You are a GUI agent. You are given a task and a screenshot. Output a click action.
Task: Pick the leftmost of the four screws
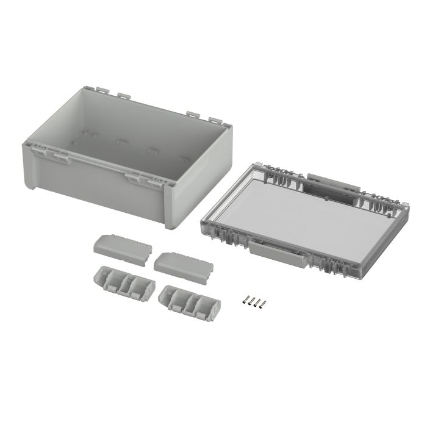[245, 300]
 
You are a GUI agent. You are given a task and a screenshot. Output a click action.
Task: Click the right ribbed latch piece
[188, 303]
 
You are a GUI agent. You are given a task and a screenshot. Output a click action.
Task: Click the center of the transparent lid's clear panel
[305, 213]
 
